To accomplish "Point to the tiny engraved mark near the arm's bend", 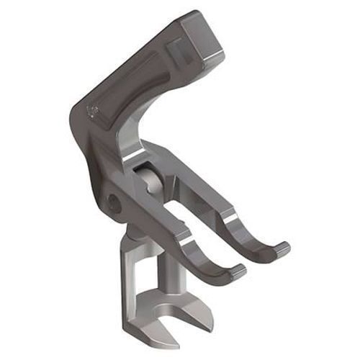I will click(91, 111).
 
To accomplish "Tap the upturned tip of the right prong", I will click(282, 248).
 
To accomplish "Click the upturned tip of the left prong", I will click(236, 271).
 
